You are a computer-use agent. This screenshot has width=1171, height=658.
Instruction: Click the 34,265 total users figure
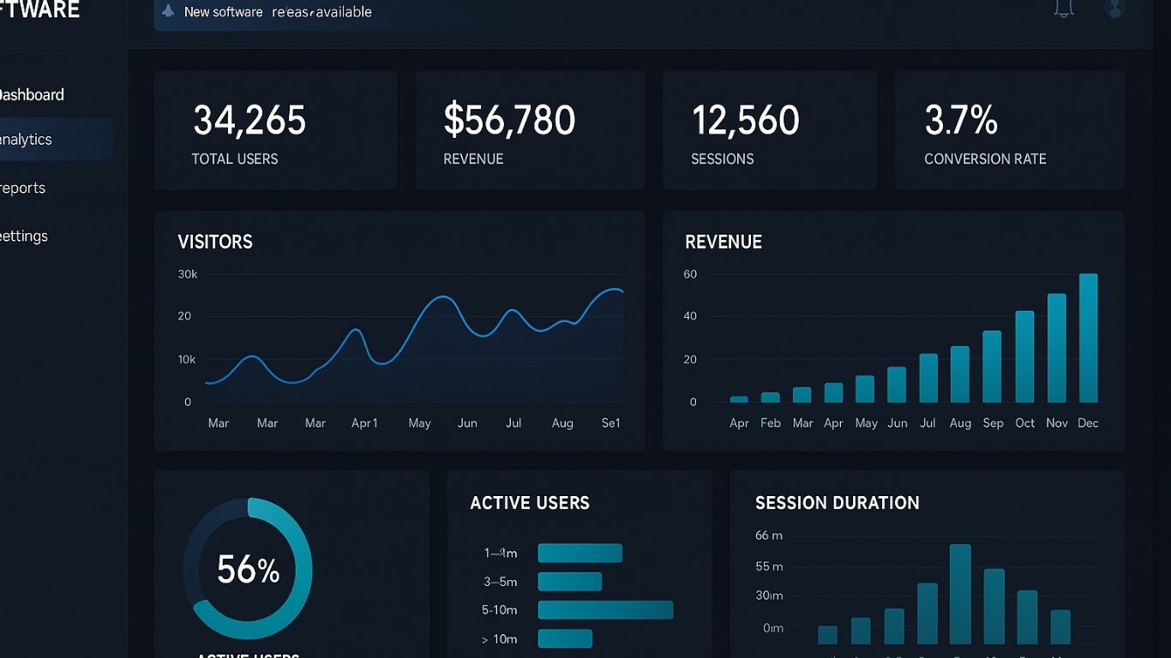pos(249,121)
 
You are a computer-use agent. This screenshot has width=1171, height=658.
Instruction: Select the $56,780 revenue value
pos(509,121)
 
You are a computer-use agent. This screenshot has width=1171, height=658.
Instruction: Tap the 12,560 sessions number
pos(745,121)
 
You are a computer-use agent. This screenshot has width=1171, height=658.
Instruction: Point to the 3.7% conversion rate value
pos(961,121)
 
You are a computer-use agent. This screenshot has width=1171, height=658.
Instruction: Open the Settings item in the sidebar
pos(24,236)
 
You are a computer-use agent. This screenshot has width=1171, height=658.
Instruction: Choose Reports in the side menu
pos(23,188)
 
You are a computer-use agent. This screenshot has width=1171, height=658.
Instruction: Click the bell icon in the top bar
pos(1064,9)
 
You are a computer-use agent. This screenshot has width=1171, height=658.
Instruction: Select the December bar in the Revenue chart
pos(1088,338)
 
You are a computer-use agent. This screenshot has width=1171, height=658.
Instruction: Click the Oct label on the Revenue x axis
pos(1025,423)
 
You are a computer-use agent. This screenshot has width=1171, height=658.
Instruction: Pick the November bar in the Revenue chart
pos(1057,349)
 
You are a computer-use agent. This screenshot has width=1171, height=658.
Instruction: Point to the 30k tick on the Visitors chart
pos(188,275)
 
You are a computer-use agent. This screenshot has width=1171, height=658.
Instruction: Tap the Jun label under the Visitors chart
pos(467,423)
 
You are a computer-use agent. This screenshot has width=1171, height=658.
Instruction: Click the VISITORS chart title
pos(215,242)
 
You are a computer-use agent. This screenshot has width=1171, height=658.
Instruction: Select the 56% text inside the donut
pos(248,570)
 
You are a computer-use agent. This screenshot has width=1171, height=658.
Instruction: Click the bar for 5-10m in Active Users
pos(605,610)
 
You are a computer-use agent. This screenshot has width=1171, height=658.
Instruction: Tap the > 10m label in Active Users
pos(500,639)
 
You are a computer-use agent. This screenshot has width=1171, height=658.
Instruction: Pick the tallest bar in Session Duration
pos(960,594)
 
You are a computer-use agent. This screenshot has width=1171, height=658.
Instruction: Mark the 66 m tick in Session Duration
pos(769,535)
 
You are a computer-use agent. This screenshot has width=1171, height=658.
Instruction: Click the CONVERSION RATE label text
pos(985,159)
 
